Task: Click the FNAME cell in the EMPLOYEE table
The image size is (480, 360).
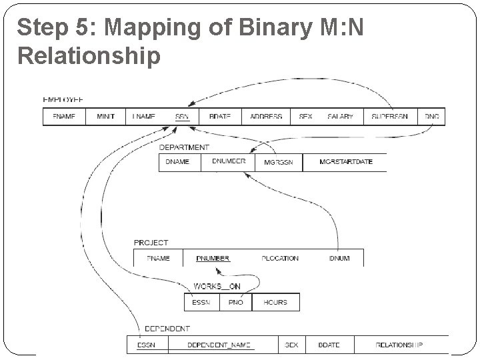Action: pos(64,117)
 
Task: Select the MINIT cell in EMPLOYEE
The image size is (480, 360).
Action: pos(106,117)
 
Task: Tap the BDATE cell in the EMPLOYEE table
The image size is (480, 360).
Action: pos(219,117)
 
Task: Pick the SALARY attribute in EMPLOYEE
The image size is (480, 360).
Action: pos(340,117)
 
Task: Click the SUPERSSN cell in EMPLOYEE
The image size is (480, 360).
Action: pos(390,117)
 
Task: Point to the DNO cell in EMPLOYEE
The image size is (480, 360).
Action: pos(432,117)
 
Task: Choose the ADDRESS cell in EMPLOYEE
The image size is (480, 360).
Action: pos(266,117)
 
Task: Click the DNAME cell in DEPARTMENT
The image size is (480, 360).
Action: pos(177,162)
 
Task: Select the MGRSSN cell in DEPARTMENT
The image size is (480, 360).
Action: pos(279,162)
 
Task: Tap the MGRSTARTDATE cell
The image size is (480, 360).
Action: pos(346,162)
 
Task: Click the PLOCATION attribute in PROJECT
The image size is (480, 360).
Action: pos(280,258)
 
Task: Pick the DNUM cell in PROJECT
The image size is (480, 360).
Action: pos(339,258)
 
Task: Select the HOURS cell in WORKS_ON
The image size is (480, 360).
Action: pos(275,302)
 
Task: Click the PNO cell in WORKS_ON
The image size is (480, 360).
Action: pos(236,302)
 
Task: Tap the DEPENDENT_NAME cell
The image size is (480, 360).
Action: pos(219,345)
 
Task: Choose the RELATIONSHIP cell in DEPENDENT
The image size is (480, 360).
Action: pos(399,345)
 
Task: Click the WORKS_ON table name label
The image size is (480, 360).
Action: pos(217,287)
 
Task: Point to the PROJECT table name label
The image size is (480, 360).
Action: pos(151,243)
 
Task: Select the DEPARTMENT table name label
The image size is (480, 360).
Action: pos(184,147)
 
